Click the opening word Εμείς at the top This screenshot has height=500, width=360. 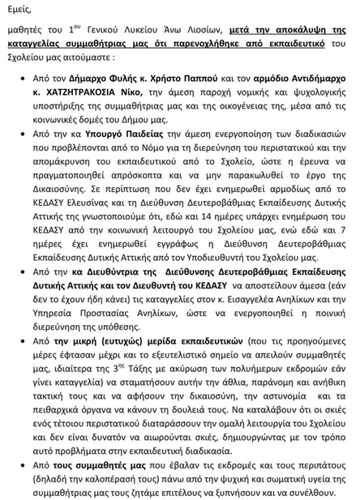click(x=19, y=10)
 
